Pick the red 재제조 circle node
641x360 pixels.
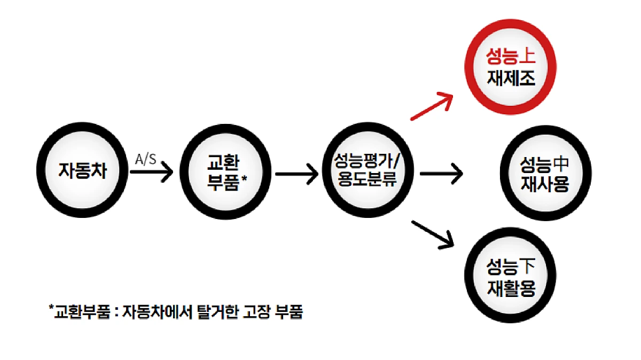[x=511, y=68]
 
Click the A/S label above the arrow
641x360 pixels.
[x=146, y=159]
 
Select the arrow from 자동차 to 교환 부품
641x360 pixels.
[x=151, y=173]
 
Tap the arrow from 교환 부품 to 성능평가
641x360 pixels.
[x=296, y=173]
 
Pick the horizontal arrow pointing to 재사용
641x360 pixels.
[x=441, y=173]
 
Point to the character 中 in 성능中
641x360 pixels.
[x=561, y=162]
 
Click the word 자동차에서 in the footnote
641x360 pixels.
[x=156, y=311]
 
